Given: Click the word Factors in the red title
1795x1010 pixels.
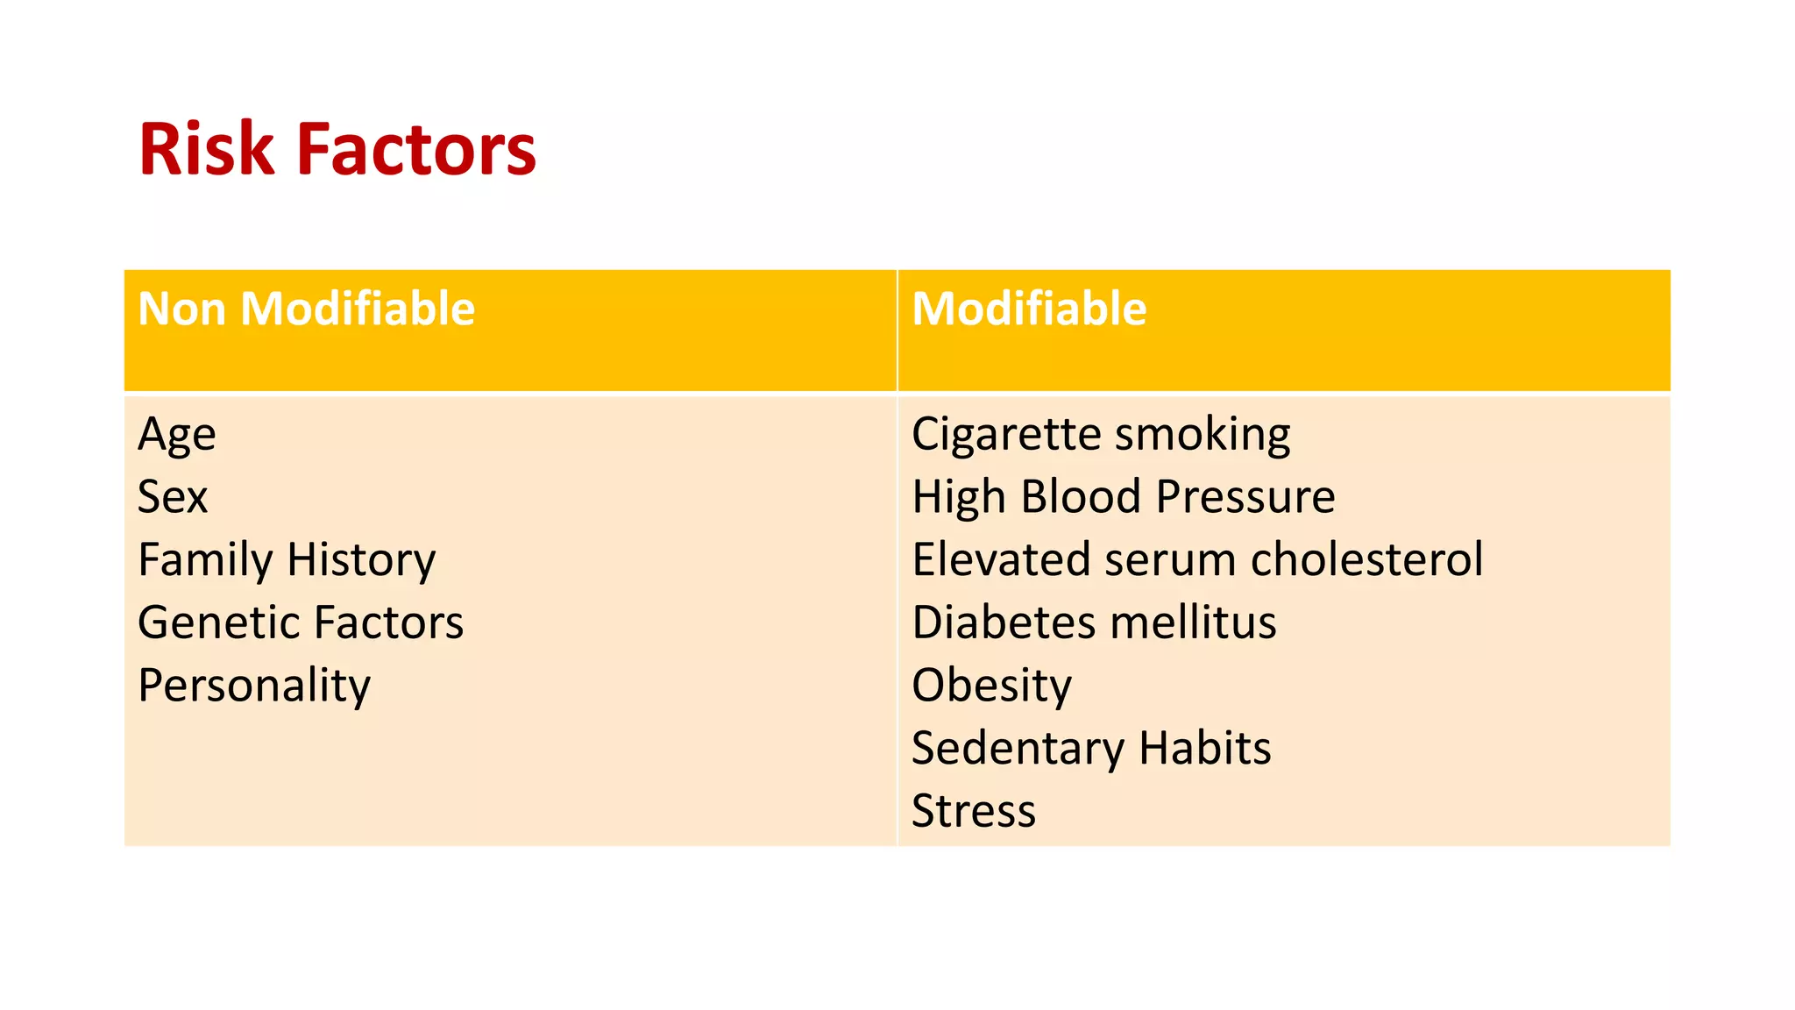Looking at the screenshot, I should (x=416, y=150).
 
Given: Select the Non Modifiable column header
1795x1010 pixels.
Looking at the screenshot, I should (x=306, y=309).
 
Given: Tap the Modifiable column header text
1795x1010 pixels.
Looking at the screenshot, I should (x=1029, y=309).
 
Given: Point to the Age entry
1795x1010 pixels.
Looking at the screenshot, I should (x=176, y=435).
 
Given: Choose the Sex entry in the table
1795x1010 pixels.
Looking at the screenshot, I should (x=173, y=497).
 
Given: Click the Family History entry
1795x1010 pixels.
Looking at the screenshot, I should (x=287, y=560).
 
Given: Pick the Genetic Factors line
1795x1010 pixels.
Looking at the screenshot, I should (x=301, y=622).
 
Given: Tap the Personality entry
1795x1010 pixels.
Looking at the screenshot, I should (x=254, y=686).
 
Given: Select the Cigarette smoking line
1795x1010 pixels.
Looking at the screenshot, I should (x=1101, y=435).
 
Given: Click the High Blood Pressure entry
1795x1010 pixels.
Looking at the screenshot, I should (x=1124, y=497).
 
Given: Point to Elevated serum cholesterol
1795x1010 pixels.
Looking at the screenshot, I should (x=1197, y=559).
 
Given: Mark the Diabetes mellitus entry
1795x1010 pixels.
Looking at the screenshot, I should (x=1094, y=622).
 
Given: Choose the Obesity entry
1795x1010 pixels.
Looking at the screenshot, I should (x=991, y=686).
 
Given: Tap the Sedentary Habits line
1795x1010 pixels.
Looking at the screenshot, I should (x=1091, y=749).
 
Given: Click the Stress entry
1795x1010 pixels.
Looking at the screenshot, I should (x=974, y=811).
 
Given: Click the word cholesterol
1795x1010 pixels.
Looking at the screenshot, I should (x=1366, y=559).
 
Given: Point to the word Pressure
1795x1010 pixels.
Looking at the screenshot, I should (x=1245, y=497).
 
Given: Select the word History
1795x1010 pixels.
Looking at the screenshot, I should (x=361, y=560).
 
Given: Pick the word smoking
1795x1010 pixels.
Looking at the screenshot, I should (x=1203, y=435).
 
